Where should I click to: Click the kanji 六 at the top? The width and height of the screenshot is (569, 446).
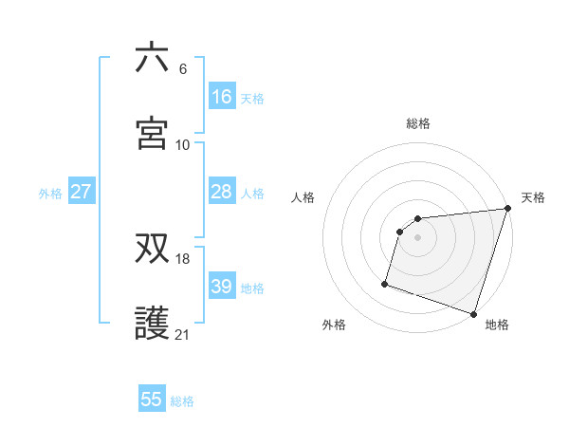tap(152, 59)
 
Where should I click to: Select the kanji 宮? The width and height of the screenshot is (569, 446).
tap(152, 134)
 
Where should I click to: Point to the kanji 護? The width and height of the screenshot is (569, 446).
tap(152, 324)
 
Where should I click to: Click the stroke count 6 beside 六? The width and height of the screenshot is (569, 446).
tap(183, 69)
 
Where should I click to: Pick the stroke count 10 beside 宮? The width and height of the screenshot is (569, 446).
tap(183, 144)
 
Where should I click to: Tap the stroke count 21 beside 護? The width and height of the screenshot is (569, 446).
tap(183, 334)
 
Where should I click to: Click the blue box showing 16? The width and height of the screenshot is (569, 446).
tap(221, 97)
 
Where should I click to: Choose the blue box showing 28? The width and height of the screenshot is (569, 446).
tap(221, 192)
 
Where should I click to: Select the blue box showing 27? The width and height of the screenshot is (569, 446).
tap(81, 192)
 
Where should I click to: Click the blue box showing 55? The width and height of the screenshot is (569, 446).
tap(152, 400)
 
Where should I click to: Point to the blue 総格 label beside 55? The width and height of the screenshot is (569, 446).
tap(182, 401)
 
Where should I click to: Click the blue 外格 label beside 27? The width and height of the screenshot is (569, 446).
tap(50, 194)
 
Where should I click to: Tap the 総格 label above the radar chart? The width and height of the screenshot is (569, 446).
tap(418, 123)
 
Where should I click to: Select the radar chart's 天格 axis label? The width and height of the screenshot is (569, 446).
tap(533, 197)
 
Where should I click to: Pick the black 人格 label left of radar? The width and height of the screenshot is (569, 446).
tap(303, 197)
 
